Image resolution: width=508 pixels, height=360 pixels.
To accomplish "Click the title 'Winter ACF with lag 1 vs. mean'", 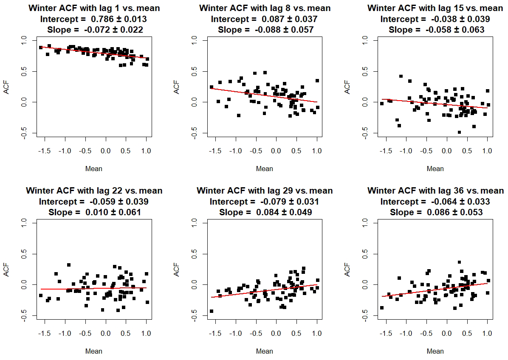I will click(94, 8).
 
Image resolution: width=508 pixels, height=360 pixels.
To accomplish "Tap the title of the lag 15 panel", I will click(435, 8).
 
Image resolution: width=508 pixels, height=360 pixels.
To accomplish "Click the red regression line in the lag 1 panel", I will click(94, 53).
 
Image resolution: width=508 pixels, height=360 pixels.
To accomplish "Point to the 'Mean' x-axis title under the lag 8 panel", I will click(265, 169).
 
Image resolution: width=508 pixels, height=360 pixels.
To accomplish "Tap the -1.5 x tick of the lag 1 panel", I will click(45, 151).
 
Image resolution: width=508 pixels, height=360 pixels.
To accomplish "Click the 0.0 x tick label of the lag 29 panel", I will click(276, 334).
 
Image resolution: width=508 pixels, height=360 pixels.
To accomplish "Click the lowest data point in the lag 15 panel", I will click(459, 132).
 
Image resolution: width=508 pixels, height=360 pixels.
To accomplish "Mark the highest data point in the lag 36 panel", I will click(459, 262).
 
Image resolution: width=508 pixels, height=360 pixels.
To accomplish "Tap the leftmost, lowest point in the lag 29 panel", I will click(211, 311).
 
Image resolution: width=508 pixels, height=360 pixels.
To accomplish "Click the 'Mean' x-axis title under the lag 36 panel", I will click(435, 352).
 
